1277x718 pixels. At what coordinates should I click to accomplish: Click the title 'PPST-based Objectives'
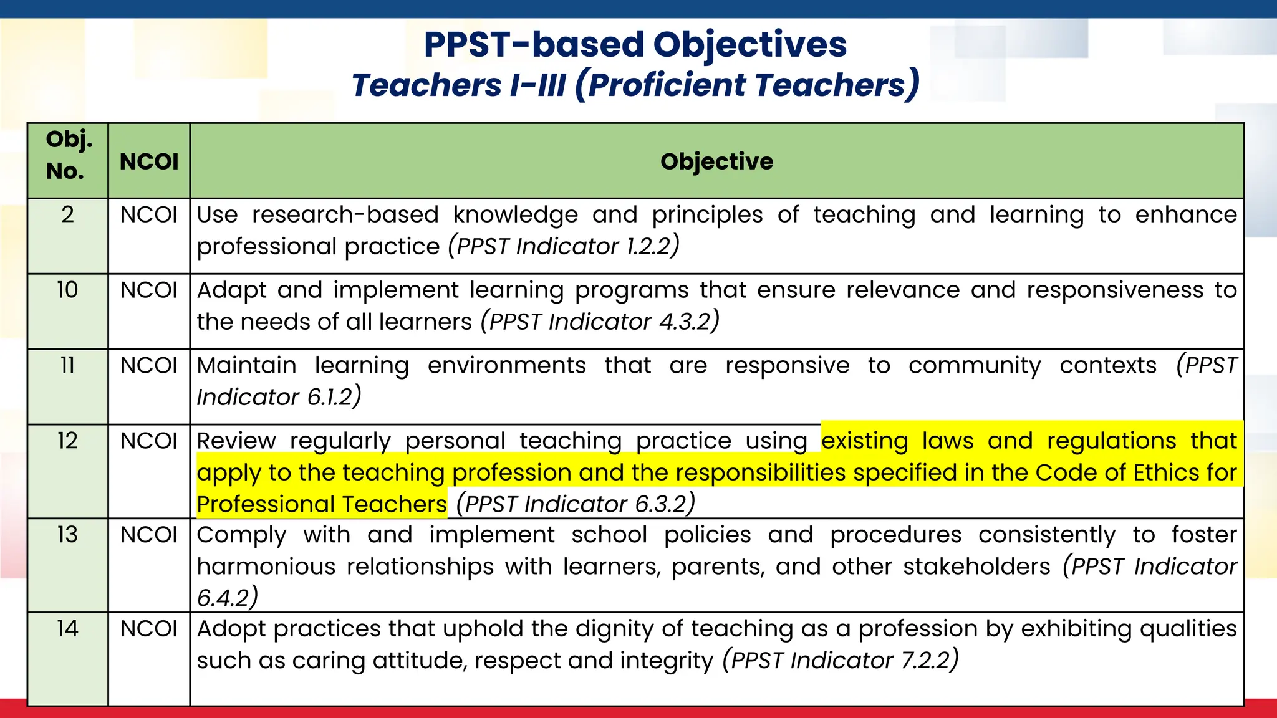(x=635, y=45)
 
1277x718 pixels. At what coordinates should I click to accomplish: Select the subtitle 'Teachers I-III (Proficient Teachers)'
(x=635, y=85)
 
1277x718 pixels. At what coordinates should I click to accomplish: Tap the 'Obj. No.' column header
(x=68, y=155)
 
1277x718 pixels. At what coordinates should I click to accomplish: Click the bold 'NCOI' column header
(x=149, y=161)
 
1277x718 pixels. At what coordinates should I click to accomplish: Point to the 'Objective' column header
(x=716, y=161)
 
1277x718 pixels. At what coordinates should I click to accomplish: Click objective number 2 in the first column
(x=67, y=214)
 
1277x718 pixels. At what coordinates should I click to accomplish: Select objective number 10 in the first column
(x=67, y=290)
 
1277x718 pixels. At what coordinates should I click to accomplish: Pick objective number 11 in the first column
(x=67, y=365)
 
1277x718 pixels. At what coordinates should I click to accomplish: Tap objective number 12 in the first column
(x=67, y=441)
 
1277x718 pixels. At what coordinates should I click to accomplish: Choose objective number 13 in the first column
(x=67, y=535)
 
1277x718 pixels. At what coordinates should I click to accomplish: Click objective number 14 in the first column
(x=67, y=628)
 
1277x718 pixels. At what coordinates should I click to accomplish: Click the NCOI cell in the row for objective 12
(x=149, y=441)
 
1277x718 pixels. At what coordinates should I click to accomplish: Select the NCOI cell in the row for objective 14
(x=149, y=628)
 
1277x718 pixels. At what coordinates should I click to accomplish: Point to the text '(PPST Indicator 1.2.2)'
(x=564, y=246)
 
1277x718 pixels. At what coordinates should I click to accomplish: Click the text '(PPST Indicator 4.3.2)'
(x=600, y=322)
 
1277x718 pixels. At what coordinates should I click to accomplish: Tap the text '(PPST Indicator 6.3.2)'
(x=576, y=504)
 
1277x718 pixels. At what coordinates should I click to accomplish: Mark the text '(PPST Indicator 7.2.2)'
(x=840, y=660)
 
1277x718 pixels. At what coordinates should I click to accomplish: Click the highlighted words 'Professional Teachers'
(x=322, y=504)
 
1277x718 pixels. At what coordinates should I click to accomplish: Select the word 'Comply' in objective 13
(x=242, y=535)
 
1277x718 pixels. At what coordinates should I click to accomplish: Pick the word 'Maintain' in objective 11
(x=247, y=365)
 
